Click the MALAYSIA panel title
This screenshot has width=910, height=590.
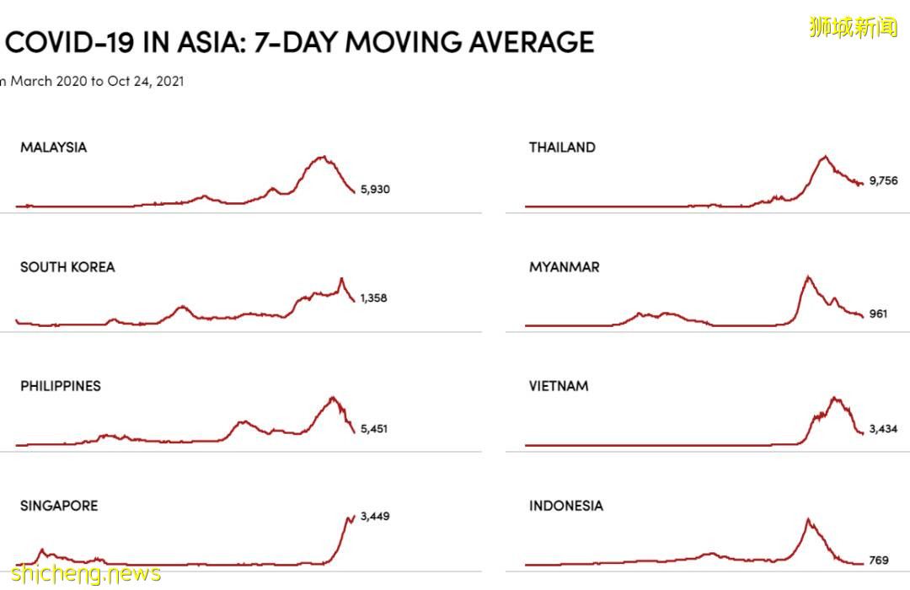(53, 147)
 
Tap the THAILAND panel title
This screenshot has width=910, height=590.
(562, 147)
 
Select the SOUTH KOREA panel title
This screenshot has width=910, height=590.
(67, 267)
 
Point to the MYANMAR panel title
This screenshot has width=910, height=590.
(565, 267)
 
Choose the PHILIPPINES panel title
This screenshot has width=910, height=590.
(61, 386)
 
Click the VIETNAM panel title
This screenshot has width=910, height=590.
(559, 386)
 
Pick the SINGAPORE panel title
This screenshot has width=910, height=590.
(59, 506)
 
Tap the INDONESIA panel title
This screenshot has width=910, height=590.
(566, 506)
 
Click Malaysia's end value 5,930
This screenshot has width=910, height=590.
(375, 190)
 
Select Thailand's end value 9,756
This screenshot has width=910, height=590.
(884, 180)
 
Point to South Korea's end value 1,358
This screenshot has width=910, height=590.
(373, 298)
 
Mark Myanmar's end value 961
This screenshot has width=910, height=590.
(879, 314)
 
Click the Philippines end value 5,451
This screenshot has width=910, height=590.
(373, 429)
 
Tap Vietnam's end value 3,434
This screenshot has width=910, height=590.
(884, 429)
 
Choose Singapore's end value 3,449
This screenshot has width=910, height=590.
(375, 516)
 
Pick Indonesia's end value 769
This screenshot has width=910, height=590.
(879, 560)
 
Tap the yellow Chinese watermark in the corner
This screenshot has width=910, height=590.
(854, 27)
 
